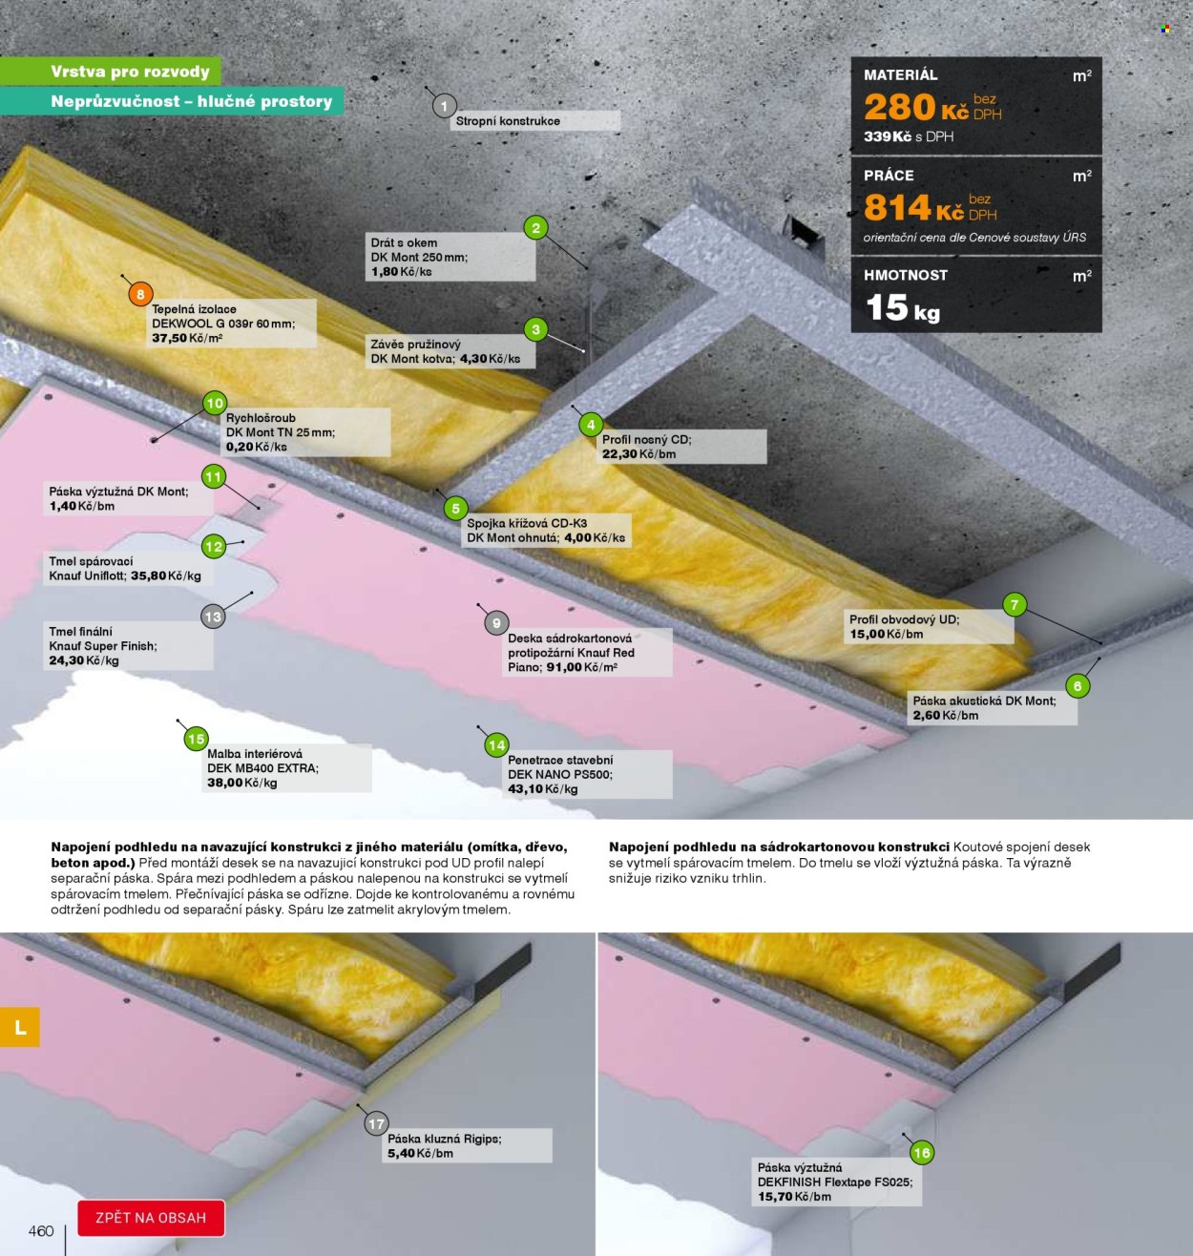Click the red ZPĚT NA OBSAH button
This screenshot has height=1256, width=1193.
point(151,1218)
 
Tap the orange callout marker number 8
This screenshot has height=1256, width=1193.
point(140,295)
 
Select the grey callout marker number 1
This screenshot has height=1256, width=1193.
point(444,106)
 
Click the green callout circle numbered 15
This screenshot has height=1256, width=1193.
point(196,739)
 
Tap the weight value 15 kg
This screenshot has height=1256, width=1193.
point(903,308)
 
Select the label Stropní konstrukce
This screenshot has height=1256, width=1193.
point(508,121)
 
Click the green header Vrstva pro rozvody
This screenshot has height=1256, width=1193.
point(130,71)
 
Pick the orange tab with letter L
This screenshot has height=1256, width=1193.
point(20,1027)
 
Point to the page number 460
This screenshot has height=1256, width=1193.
point(41,1231)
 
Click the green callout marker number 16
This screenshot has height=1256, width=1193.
point(921,1153)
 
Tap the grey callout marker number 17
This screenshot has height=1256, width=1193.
point(376,1124)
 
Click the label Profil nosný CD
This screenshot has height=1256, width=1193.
point(647,440)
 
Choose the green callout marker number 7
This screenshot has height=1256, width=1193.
point(1015,604)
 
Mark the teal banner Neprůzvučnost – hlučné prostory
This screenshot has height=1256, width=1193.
point(192,101)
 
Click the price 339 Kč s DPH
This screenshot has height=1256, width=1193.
point(908,136)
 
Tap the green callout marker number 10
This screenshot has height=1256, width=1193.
point(215,403)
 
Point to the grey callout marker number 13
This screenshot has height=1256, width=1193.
point(213,618)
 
